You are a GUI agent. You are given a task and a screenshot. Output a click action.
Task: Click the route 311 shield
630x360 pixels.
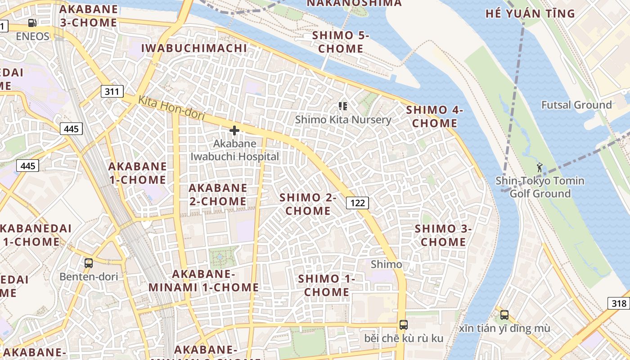point(112,92)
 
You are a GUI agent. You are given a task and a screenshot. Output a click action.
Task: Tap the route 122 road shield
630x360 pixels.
point(357,203)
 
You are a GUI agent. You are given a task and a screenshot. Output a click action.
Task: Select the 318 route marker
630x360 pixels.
point(619,303)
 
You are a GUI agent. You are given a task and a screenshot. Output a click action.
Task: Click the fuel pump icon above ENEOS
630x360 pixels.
point(32,23)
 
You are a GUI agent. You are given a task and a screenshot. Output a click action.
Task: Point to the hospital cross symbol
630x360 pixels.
point(234,130)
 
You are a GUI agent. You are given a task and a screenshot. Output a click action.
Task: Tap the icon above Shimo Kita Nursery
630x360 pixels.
point(343,106)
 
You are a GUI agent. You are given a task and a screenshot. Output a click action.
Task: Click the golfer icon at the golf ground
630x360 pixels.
point(540,167)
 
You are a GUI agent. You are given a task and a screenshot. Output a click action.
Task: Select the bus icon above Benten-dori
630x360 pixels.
point(89,263)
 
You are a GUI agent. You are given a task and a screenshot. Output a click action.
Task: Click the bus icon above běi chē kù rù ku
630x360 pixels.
point(404,324)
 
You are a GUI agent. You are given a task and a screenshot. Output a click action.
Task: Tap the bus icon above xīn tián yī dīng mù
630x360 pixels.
point(504,315)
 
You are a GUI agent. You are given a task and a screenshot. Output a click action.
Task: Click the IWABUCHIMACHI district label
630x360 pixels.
point(194,48)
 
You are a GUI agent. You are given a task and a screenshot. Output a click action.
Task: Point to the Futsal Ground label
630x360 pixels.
point(576,105)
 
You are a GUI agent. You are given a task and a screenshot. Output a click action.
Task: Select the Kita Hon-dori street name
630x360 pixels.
point(171,108)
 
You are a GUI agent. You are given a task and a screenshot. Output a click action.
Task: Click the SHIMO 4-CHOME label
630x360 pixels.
point(434,117)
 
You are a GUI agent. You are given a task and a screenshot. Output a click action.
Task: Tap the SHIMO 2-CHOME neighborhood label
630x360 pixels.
point(308,204)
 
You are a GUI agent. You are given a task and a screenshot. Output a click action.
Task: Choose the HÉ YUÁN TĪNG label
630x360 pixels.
point(530,13)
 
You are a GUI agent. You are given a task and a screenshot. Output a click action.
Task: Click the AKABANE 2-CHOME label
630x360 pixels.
point(218,194)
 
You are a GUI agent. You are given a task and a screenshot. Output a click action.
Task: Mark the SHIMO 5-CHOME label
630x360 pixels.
point(341,42)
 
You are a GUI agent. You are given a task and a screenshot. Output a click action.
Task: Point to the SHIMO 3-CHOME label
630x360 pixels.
point(443,235)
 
